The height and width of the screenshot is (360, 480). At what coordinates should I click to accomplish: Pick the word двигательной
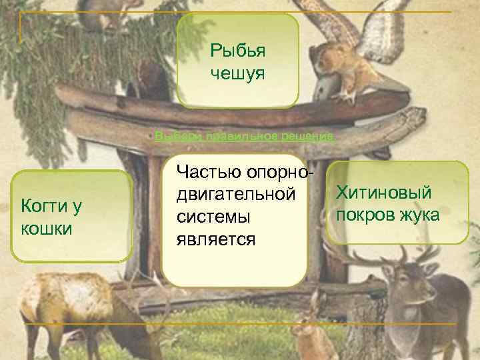234,195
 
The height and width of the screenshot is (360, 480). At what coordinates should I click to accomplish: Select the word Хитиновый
385,193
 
